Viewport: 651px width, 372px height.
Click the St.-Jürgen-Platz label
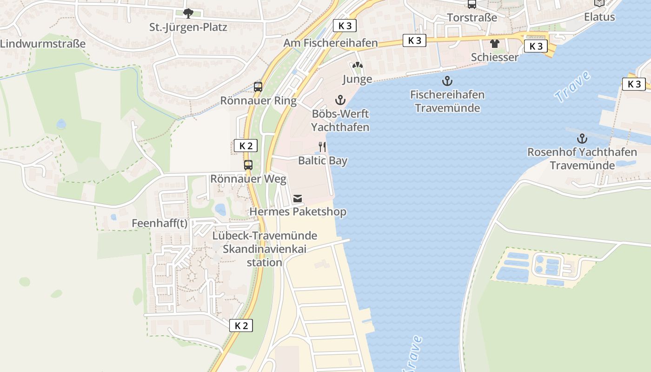pos(188,27)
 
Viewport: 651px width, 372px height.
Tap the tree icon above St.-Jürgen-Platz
pos(188,13)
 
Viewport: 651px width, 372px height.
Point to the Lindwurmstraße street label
pos(43,44)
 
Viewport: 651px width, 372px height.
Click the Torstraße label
pos(472,18)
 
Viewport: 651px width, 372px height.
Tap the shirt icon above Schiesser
pos(494,44)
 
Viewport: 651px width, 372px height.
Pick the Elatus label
pos(599,17)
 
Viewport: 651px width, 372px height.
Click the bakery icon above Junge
pos(357,66)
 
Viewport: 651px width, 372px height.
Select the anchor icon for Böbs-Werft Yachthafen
pos(340,100)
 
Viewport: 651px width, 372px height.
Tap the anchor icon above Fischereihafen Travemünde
pos(447,81)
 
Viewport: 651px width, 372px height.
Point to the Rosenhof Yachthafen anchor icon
pos(582,138)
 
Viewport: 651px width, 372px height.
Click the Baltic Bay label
pos(323,161)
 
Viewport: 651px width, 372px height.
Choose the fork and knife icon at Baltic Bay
pos(322,147)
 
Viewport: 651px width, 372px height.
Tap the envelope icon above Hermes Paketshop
pos(298,199)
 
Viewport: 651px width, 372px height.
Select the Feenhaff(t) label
pos(159,223)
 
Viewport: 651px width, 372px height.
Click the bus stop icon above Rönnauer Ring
pos(258,86)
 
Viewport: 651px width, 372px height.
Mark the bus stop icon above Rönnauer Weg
pos(248,165)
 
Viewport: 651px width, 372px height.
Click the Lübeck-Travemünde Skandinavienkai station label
pos(265,249)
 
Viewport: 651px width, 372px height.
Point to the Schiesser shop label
pos(494,57)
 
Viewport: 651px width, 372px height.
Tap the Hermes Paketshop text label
pos(298,212)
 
